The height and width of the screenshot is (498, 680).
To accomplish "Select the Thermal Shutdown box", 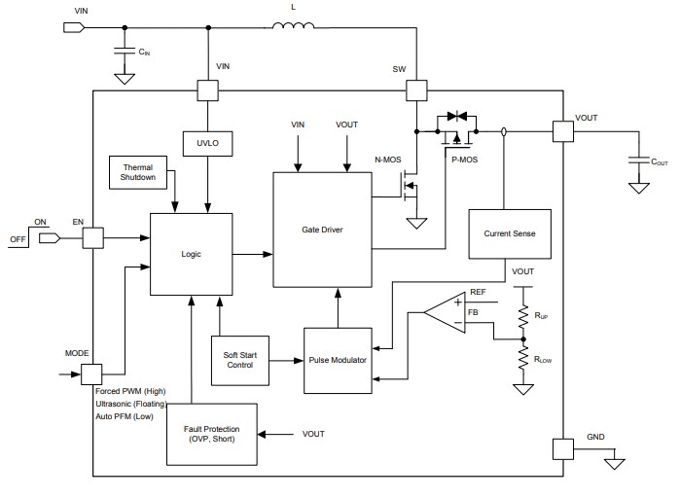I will tap(138, 172).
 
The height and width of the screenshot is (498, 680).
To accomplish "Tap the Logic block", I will tap(191, 253).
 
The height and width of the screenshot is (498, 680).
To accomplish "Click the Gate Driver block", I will tap(322, 230).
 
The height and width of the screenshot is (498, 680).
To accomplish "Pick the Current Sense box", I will tap(509, 233).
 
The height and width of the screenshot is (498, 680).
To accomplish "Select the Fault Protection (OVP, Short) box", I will tap(218, 433).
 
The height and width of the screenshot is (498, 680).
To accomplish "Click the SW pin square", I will tap(416, 91).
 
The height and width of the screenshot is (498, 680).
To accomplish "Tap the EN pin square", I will tap(92, 236).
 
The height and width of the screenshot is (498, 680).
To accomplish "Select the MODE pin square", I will tap(92, 373).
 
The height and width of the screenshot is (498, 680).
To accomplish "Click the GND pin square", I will tap(563, 448).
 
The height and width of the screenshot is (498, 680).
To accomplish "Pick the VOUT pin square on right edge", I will tap(563, 131).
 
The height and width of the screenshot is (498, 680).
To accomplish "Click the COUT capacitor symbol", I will tap(638, 160).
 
